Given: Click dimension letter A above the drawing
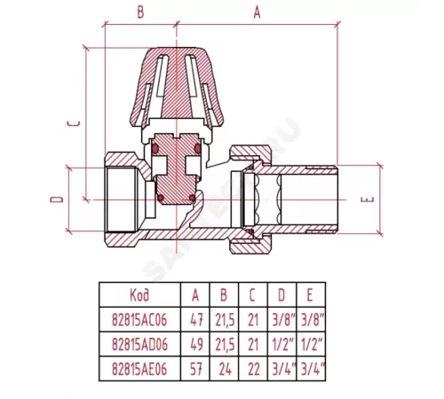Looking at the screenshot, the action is pos(257,12).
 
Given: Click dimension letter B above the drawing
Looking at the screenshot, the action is pos(140,12).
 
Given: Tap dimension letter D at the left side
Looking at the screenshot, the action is pos(57,199).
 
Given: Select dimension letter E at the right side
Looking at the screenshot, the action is pos(368,199).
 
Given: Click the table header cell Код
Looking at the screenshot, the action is pos(139,295).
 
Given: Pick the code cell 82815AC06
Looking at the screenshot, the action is pos(139,320).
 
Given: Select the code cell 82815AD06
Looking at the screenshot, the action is pos(139,345).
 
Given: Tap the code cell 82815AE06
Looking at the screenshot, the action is pos(139,369).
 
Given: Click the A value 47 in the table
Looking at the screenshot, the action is pos(195,320).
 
